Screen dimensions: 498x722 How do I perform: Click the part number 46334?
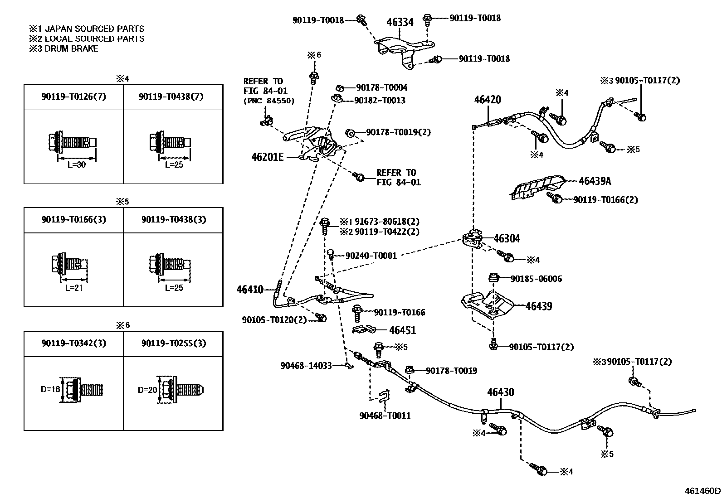coord(400,22)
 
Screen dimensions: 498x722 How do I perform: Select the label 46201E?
coord(267,157)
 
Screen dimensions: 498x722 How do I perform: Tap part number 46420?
coord(488,100)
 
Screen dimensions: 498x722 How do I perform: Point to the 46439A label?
coord(595,181)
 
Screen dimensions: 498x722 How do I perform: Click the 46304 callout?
coord(507,239)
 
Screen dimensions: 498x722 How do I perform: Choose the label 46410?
coord(249,289)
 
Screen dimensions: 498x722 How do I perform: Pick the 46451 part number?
coord(402,330)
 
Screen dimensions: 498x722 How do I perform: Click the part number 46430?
coord(501,392)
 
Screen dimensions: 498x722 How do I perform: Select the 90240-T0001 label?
coord(371,256)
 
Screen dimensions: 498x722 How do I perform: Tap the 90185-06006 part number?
coord(536,279)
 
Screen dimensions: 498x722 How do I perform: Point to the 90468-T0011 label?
coord(385,416)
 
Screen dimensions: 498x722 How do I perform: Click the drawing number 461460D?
coord(702,491)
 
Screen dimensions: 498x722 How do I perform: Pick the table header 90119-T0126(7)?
coord(73,96)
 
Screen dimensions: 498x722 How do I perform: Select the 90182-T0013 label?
coord(380,100)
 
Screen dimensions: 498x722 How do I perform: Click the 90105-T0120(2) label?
coord(274,319)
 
